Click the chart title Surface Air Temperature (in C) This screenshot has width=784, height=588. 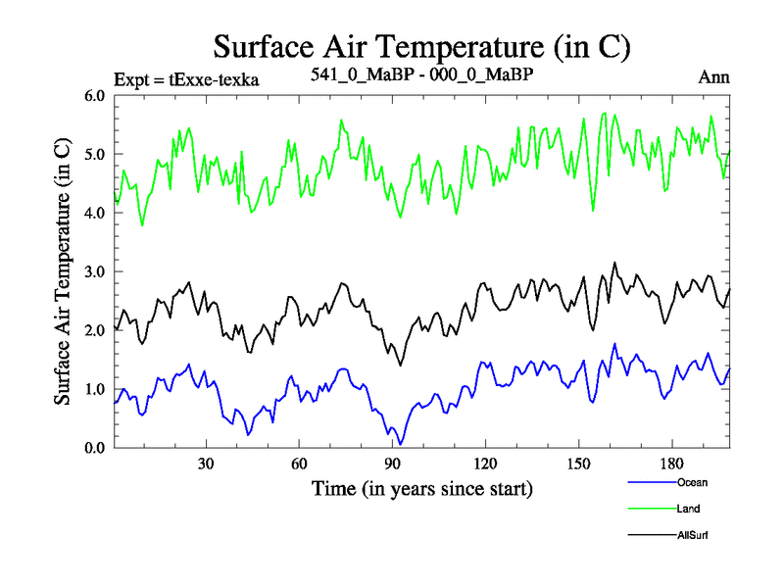point(421,46)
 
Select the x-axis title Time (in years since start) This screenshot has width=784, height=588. point(421,487)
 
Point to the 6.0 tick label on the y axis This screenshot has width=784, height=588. point(96,96)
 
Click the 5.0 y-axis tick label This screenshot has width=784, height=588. point(96,155)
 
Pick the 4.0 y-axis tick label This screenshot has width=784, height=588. point(96,214)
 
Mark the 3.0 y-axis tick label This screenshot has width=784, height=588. point(96,271)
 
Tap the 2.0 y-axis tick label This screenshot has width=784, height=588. point(96,330)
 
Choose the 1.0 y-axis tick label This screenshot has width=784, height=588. point(96,389)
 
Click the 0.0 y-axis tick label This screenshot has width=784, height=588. point(96,448)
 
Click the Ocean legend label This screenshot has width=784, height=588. point(692,482)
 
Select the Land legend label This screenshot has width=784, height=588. point(688,509)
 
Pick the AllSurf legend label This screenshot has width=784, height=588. point(694,535)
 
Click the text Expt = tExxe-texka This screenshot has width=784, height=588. point(186,79)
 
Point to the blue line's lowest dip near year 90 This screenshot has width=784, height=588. point(400,444)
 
